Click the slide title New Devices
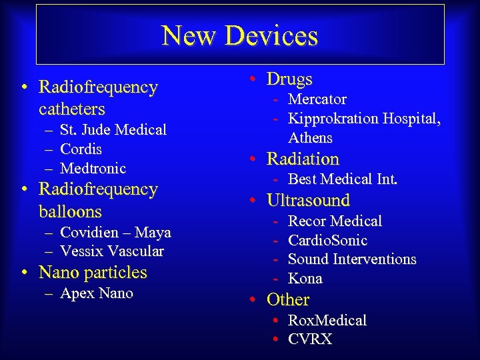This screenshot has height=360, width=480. (240, 35)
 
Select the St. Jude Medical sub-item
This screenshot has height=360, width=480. (113, 130)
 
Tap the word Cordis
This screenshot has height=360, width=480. (81, 149)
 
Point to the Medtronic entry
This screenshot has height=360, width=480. (93, 169)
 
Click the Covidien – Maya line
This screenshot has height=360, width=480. (115, 233)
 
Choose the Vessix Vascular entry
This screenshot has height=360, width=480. (111, 251)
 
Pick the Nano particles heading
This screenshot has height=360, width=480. (93, 273)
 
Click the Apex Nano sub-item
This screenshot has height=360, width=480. (97, 293)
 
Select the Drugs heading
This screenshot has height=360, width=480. (289, 79)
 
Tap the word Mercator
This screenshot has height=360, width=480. (317, 99)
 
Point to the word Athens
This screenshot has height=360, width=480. (310, 138)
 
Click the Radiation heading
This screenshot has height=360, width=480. (303, 159)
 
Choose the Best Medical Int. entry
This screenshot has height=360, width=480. (342, 179)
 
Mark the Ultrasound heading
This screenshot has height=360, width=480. (308, 201)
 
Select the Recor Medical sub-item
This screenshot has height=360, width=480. (335, 221)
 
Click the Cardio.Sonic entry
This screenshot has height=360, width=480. (327, 240)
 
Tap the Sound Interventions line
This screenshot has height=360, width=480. (352, 259)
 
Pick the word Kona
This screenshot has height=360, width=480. (305, 279)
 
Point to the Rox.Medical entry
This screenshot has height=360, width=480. (327, 321)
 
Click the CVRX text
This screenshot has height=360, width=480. (309, 339)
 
